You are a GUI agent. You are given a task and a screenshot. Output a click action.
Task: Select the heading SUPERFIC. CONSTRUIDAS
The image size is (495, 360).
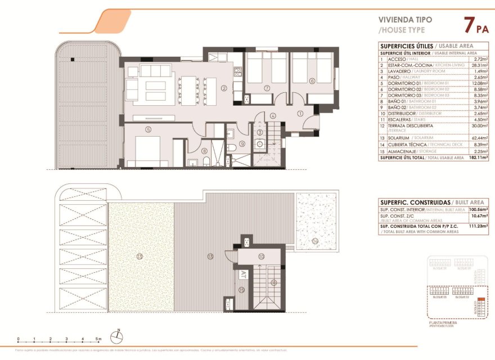pos(415,202)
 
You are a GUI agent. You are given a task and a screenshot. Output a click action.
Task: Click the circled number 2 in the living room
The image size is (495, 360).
pos(224,88)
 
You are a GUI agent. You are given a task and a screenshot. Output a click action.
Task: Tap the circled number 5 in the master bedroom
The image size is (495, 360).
pos(148,129)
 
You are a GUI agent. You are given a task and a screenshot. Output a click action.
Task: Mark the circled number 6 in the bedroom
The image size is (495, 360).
pos(312,80)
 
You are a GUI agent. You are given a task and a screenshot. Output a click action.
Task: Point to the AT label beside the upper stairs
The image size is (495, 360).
pos(243,275)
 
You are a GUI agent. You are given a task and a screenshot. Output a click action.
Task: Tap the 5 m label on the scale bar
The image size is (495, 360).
pos(98,339)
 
